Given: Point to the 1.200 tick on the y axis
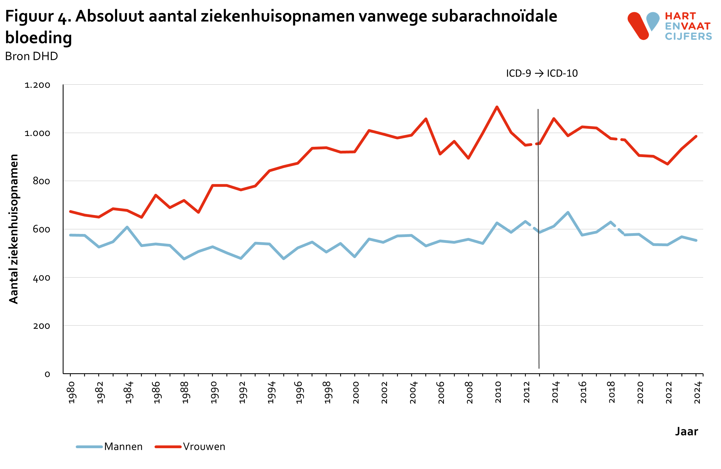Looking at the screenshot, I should click(37, 85).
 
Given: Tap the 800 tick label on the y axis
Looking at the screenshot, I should click(42, 181).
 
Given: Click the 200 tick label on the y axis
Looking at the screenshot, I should click(42, 326).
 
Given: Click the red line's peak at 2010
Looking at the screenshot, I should click(497, 107).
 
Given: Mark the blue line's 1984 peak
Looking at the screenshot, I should click(127, 227).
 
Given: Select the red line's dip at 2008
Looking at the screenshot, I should click(468, 158).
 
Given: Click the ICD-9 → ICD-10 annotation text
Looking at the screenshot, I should click(542, 73).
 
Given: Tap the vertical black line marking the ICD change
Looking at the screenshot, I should click(538, 273).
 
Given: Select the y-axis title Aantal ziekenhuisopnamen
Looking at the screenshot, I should click(14, 229).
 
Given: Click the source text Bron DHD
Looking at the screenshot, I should click(32, 56).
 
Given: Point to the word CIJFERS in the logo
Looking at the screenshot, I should click(688, 36).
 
